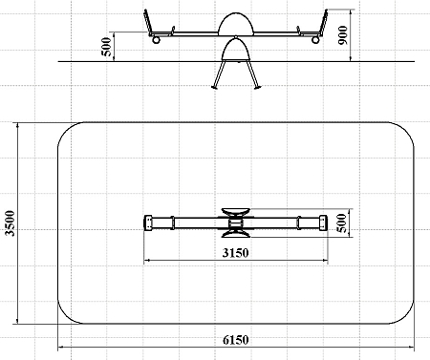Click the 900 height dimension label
[343, 35]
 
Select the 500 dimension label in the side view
[106, 47]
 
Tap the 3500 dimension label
[11, 223]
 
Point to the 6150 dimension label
[235, 340]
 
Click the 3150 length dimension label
[235, 253]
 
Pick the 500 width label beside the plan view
[341, 223]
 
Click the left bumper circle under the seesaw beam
[156, 40]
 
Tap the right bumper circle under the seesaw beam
[315, 40]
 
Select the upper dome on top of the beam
[236, 23]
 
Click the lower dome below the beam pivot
[236, 49]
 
